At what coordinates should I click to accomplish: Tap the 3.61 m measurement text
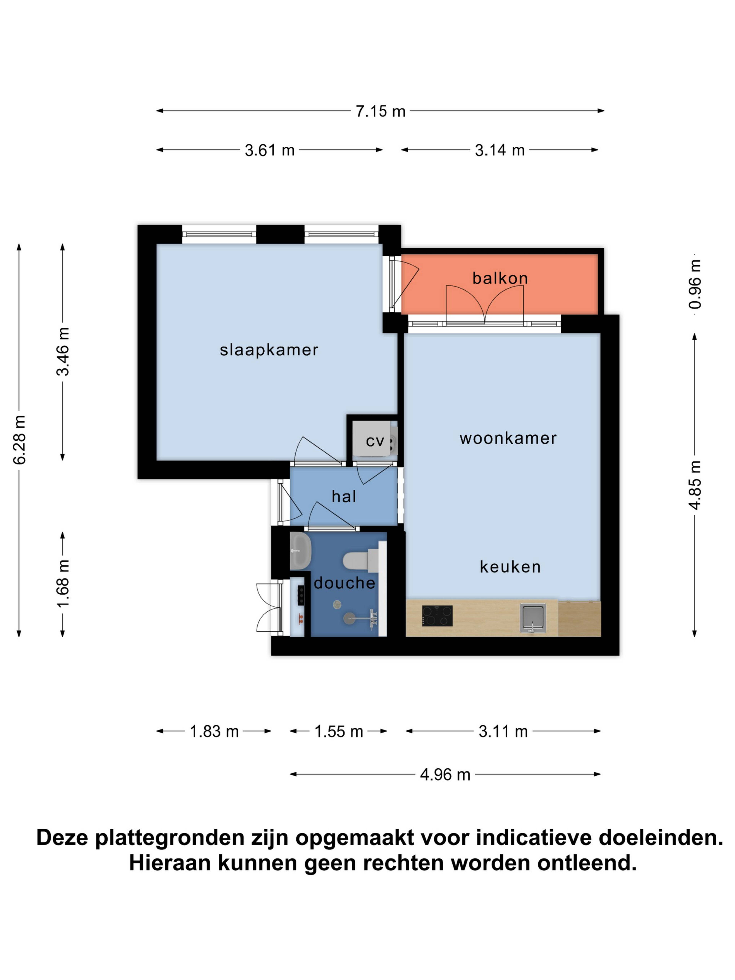point(269,150)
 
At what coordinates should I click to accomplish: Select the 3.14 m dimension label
point(499,150)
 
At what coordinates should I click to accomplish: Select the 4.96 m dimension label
point(445,774)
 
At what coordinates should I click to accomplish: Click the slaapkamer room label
point(269,350)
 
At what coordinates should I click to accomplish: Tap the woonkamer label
point(508,438)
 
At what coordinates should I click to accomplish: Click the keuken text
point(510,567)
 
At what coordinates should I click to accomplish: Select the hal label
point(344,496)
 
